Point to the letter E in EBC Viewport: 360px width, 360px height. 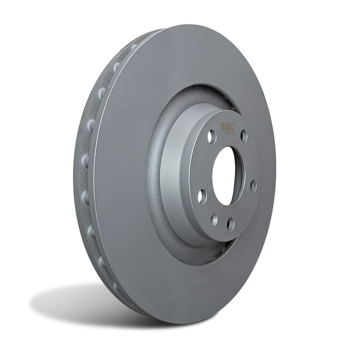pos(222,127)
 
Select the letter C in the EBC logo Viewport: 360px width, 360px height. pos(232,127)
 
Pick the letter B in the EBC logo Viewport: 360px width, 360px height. pos(227,127)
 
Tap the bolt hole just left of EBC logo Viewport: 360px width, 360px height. pos(211,136)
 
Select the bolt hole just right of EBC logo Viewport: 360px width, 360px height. pos(243,135)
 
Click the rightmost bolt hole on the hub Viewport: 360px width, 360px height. pos(253,186)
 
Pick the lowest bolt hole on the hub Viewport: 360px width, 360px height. pos(230,224)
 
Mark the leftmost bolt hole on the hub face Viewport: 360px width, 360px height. pos(202,196)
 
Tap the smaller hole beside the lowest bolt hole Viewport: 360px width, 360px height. pos(215,220)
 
